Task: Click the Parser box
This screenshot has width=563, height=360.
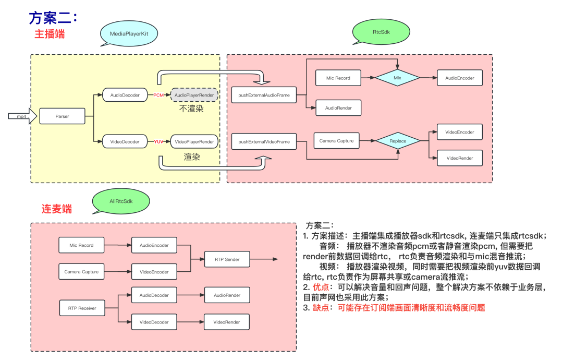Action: point(62,116)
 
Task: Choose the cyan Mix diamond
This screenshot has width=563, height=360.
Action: point(398,78)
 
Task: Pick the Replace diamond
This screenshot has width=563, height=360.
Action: point(398,141)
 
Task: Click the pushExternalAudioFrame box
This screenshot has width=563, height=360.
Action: point(264,95)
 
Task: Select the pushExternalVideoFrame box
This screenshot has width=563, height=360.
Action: point(264,141)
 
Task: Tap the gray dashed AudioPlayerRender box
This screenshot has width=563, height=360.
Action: point(194,95)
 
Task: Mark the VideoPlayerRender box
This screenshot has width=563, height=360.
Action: point(194,141)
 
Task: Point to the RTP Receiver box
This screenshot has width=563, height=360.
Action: point(81,308)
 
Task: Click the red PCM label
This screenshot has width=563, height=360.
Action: point(159,95)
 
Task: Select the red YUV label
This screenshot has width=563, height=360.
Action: point(159,141)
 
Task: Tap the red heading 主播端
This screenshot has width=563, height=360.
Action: point(50,34)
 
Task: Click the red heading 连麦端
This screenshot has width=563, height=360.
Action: point(57,209)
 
